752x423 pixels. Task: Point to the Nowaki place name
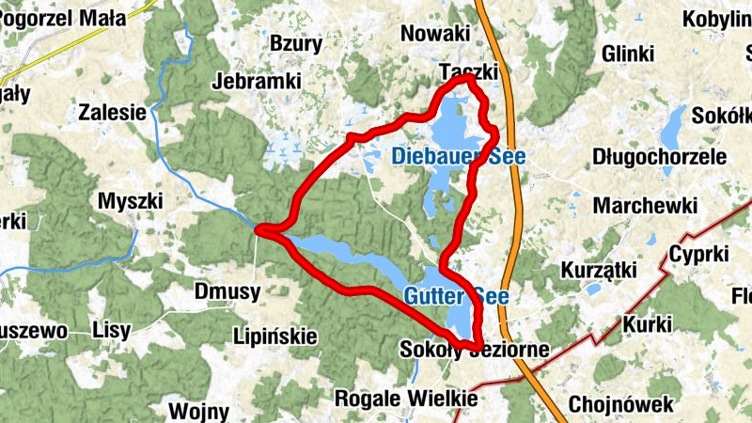tap(434, 33)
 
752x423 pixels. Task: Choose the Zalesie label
tap(113, 112)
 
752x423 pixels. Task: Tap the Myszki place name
tap(131, 201)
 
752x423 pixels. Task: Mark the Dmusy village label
tap(227, 291)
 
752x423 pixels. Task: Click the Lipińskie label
tap(276, 337)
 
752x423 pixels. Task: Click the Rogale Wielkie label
tap(406, 399)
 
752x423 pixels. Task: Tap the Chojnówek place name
tap(620, 405)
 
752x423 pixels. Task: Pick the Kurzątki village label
tap(599, 271)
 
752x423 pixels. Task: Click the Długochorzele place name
tap(660, 156)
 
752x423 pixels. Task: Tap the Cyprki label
tap(699, 254)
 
